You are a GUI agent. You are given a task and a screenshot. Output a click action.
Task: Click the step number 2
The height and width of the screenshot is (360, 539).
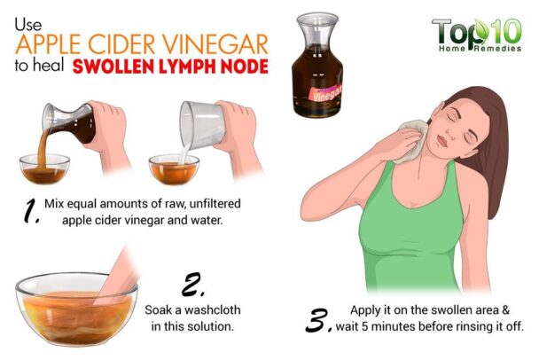pyautogui.click(x=192, y=286)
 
